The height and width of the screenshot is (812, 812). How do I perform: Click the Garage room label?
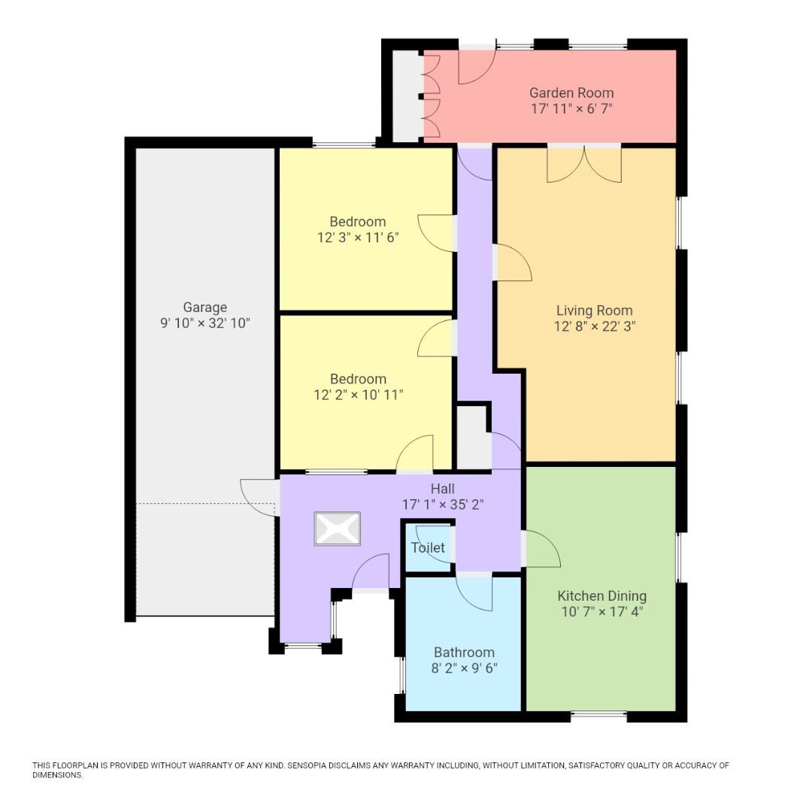tap(205, 307)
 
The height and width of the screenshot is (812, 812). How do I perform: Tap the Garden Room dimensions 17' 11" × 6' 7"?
tap(571, 109)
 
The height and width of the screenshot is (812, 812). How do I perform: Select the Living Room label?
tap(594, 310)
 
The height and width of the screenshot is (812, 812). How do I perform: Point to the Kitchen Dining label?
tap(601, 595)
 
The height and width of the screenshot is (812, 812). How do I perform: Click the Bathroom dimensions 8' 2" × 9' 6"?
tap(464, 668)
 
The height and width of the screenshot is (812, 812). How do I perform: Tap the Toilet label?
tap(428, 548)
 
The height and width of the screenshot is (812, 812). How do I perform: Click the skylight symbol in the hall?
tap(338, 529)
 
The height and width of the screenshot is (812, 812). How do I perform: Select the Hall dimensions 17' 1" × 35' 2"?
tap(442, 504)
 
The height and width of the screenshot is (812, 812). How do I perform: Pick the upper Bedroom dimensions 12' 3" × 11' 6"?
tap(357, 238)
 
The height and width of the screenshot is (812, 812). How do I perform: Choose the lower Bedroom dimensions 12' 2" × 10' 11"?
tap(358, 395)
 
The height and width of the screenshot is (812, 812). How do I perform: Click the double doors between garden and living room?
tap(584, 164)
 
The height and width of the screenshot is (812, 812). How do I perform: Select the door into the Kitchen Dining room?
tap(541, 549)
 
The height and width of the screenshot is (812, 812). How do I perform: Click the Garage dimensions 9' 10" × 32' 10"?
tap(205, 323)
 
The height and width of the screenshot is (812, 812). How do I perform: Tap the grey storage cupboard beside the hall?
tap(474, 438)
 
